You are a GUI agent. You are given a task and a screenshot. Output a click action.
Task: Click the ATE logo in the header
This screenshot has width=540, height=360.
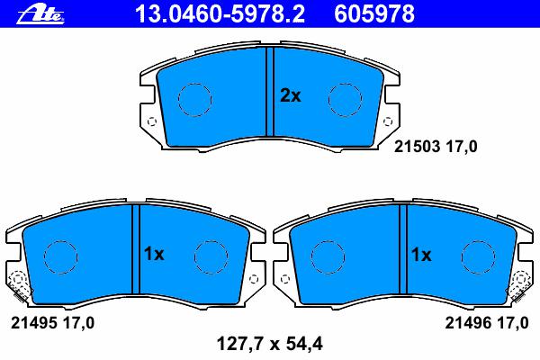(40, 14)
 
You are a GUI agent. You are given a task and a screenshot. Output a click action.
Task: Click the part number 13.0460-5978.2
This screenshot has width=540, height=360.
(220, 14)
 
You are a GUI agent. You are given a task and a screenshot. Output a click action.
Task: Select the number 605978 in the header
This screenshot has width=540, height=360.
(374, 14)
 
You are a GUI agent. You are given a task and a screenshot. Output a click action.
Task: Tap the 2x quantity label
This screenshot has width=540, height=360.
(291, 95)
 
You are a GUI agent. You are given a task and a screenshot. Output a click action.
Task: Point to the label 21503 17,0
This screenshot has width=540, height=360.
(436, 147)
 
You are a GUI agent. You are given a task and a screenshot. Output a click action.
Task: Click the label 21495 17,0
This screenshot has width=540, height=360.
(53, 323)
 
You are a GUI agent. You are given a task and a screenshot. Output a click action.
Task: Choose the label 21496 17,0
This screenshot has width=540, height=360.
(487, 323)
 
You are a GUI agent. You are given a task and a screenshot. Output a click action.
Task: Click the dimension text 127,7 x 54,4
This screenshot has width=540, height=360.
(270, 344)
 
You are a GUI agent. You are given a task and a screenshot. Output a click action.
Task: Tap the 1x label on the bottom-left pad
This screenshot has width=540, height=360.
(154, 255)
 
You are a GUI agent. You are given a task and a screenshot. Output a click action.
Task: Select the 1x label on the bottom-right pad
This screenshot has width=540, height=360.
(421, 255)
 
